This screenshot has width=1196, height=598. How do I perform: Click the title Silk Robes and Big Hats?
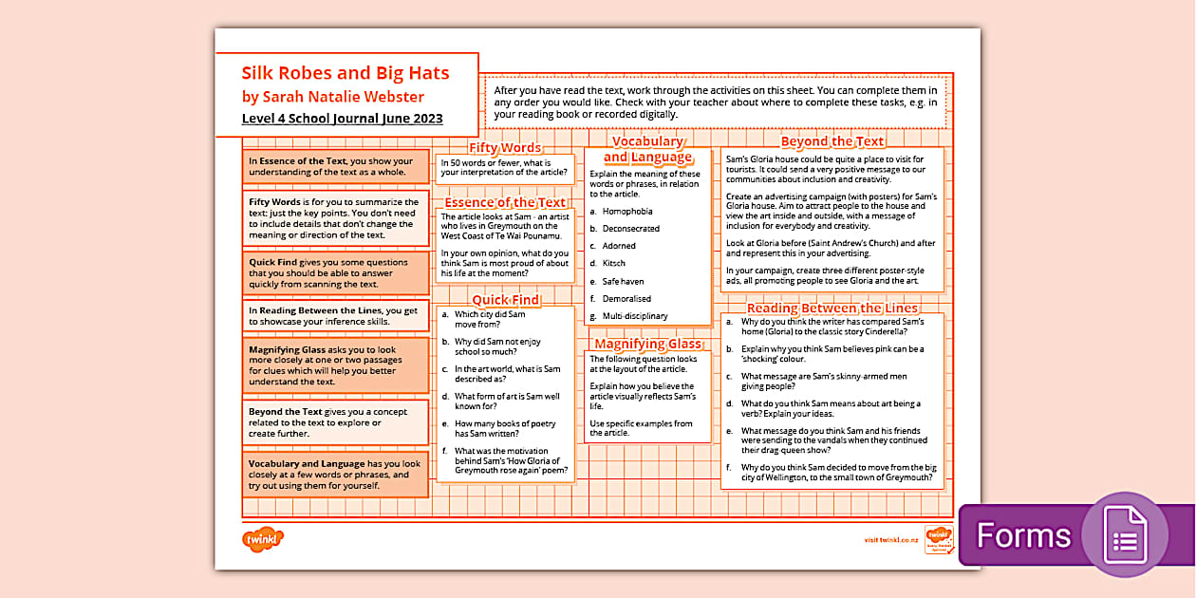(345, 73)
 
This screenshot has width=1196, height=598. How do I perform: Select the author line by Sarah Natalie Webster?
(332, 97)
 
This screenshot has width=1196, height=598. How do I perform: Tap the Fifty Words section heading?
(505, 147)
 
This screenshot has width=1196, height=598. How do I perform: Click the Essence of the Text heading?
(504, 202)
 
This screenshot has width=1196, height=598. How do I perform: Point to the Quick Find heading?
(505, 300)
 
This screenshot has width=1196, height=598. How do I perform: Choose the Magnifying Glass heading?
(647, 344)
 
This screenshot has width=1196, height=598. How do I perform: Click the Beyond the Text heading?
(832, 141)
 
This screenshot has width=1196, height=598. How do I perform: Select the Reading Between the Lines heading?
(832, 308)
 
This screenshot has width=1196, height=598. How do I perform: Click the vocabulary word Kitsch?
(614, 263)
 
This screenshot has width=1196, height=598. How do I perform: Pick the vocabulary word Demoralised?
(626, 298)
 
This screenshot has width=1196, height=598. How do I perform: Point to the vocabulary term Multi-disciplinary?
(635, 316)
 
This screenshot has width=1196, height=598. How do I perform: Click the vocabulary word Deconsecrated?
(631, 229)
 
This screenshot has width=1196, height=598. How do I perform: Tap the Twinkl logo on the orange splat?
(263, 539)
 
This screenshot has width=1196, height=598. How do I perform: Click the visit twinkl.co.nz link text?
(891, 539)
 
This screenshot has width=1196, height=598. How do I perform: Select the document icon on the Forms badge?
(1125, 535)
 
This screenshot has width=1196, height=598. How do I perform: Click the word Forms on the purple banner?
(1023, 536)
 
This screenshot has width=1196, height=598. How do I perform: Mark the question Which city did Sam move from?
(490, 319)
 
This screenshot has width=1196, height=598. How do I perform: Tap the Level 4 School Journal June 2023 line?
(342, 119)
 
